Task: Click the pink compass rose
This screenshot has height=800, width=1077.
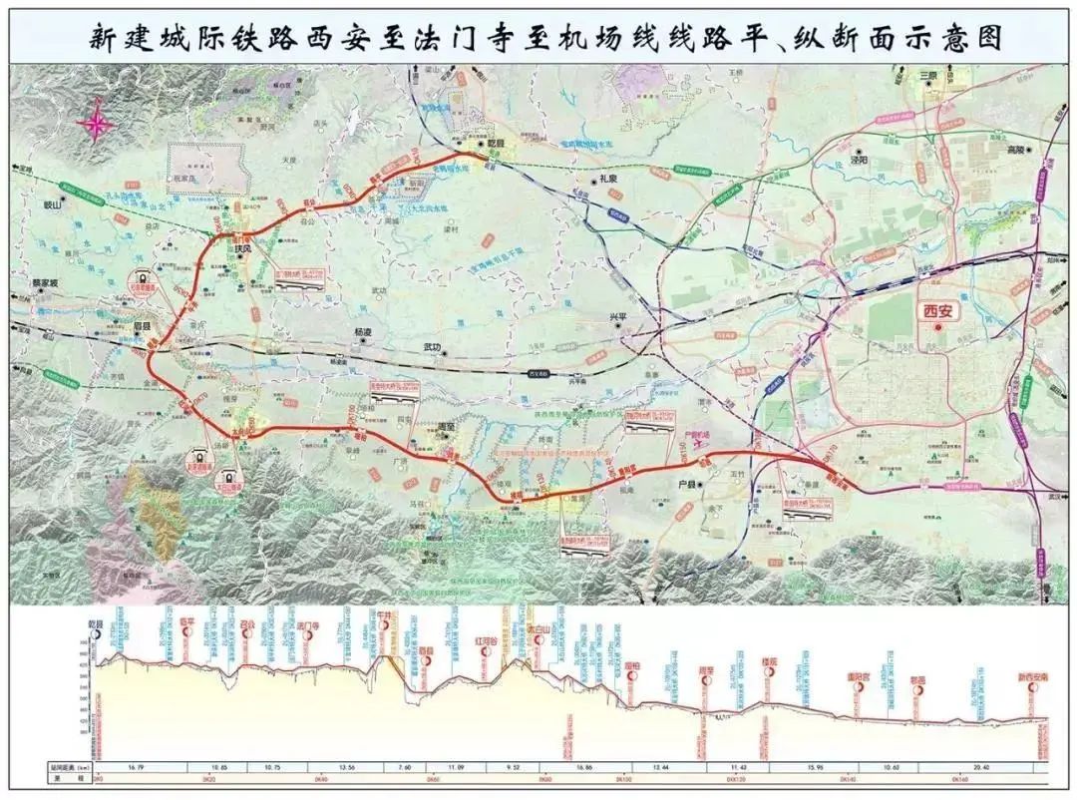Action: point(96,124)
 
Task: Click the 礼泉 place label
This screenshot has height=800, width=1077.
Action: point(609,179)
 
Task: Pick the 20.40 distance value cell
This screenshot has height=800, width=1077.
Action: point(981,767)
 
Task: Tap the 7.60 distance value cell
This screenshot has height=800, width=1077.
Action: point(405,767)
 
